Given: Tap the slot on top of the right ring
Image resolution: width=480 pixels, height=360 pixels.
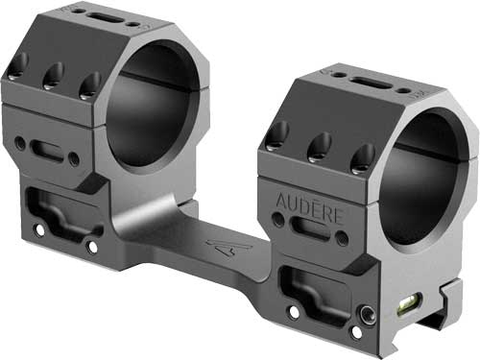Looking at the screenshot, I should click(x=374, y=76).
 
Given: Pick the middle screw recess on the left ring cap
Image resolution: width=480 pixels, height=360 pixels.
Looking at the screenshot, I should click(x=54, y=77).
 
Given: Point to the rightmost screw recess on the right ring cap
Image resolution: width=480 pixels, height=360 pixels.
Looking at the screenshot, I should click(x=362, y=156).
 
